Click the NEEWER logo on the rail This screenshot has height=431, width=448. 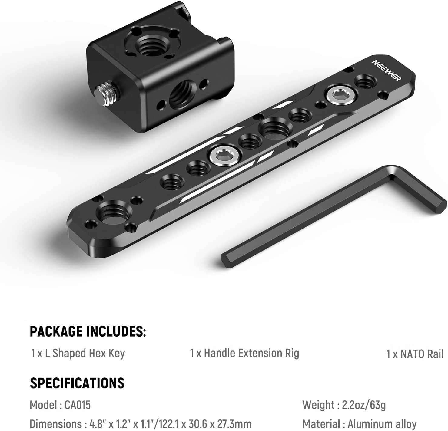click(x=387, y=71)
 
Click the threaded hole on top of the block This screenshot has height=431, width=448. click(x=151, y=42)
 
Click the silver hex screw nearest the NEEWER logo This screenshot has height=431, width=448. click(x=341, y=95)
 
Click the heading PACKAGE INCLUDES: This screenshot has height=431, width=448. click(x=88, y=332)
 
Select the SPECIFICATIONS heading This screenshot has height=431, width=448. click(x=77, y=383)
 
